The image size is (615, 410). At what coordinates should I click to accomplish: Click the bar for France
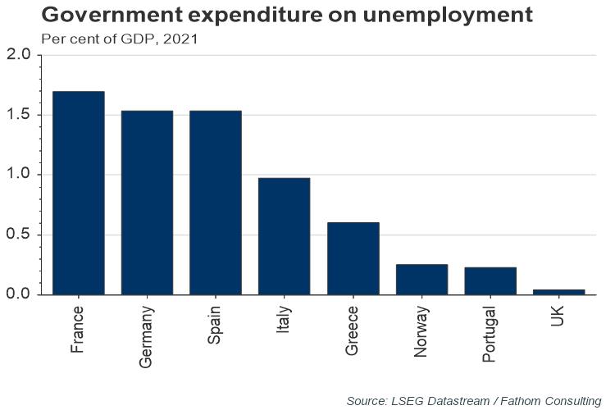click(x=78, y=193)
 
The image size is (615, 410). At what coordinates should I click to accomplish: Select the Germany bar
click(x=147, y=203)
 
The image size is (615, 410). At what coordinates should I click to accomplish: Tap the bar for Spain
click(x=216, y=203)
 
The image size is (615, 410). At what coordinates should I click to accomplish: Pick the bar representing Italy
click(x=284, y=236)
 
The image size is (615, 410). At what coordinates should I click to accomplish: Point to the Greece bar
click(x=353, y=258)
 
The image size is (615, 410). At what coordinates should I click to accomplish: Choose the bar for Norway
click(x=421, y=279)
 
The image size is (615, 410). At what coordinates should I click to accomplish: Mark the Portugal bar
click(x=490, y=280)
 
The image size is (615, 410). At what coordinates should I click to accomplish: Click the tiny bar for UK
click(x=558, y=291)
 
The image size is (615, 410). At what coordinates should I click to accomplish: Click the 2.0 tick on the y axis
click(x=17, y=55)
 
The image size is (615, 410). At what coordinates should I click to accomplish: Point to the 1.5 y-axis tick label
click(x=17, y=115)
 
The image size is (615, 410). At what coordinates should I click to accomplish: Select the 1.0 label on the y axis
click(x=17, y=175)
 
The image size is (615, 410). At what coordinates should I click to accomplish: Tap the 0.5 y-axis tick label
click(x=17, y=235)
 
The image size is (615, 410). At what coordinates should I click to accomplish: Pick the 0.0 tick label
click(x=17, y=294)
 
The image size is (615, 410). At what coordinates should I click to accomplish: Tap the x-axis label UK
click(x=558, y=315)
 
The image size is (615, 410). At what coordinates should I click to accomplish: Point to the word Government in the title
click(x=105, y=16)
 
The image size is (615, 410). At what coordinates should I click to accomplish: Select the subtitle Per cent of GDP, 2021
click(x=113, y=38)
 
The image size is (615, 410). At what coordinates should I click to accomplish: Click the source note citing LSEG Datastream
click(x=473, y=401)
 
